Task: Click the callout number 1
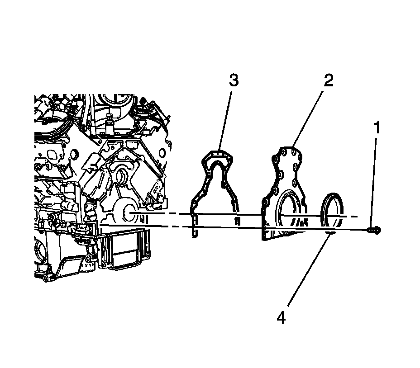point(376,129)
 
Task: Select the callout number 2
point(328,80)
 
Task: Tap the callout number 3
point(233,80)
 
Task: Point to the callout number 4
point(281,318)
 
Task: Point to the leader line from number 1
point(374,181)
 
